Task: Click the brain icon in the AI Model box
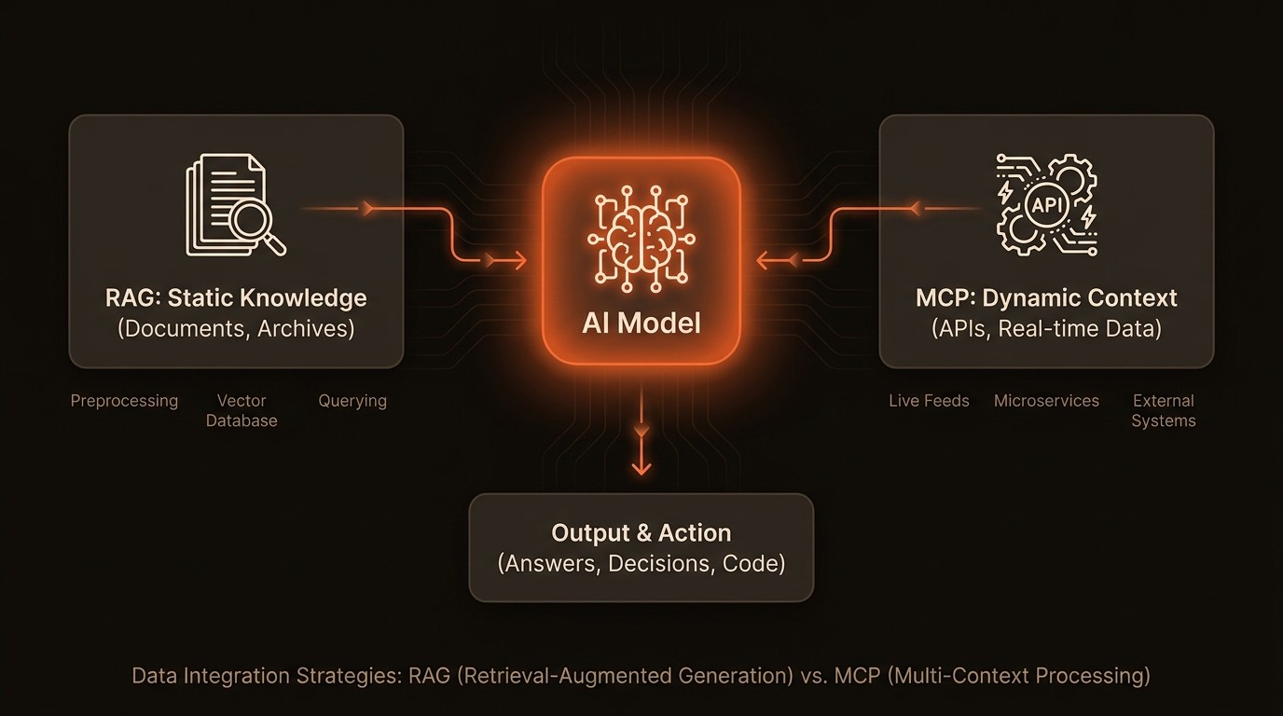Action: click(x=641, y=238)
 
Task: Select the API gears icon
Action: click(x=1046, y=205)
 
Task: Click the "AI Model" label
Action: click(x=641, y=323)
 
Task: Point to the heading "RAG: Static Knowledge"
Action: click(x=236, y=298)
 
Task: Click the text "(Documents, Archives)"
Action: click(x=236, y=329)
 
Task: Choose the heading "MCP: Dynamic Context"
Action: click(x=1046, y=298)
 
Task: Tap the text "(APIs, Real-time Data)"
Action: click(x=1046, y=329)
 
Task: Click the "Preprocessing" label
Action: click(x=124, y=401)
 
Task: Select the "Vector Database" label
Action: click(x=241, y=410)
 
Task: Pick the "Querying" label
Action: click(x=352, y=401)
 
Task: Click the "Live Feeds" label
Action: click(x=929, y=401)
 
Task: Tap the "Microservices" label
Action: click(x=1046, y=401)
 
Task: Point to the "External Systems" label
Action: click(x=1164, y=410)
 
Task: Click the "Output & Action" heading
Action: click(x=641, y=533)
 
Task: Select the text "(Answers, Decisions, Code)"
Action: click(x=641, y=564)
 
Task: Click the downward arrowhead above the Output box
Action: click(x=641, y=467)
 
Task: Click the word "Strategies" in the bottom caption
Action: click(x=348, y=675)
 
